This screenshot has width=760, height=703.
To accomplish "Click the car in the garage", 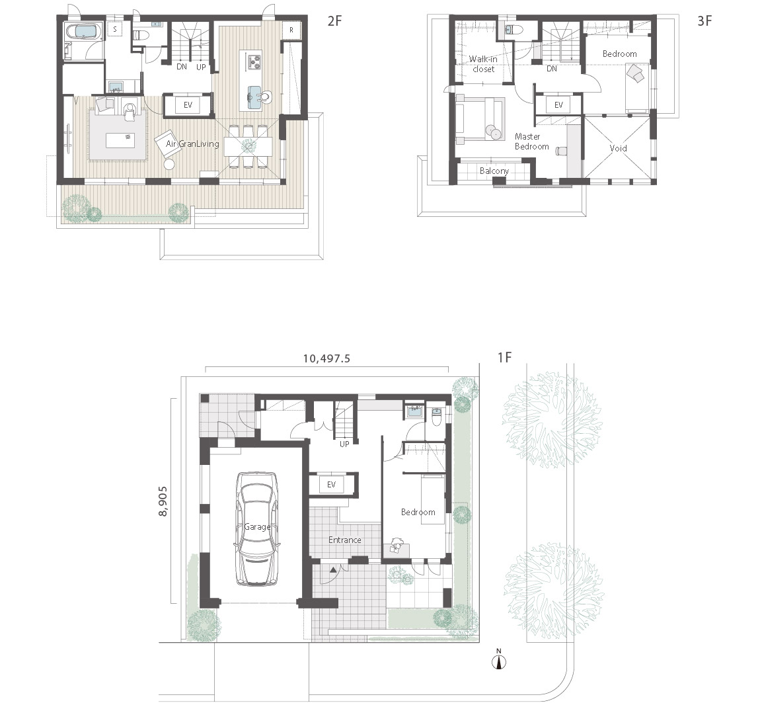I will click(x=257, y=528).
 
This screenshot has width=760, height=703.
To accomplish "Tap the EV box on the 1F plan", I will click(x=332, y=485).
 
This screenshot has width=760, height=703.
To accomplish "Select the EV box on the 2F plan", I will click(x=188, y=105).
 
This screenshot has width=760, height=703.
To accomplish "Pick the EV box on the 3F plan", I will click(x=558, y=104).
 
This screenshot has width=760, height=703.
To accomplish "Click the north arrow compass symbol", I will click(x=500, y=661).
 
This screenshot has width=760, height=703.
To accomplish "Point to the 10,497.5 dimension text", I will click(x=326, y=359).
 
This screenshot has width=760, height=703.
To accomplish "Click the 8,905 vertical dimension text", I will click(x=163, y=501).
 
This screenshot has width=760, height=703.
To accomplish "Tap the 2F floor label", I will click(x=334, y=21).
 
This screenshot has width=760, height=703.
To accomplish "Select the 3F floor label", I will click(x=704, y=21).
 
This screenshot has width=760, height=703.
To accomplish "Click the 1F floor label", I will click(x=505, y=358).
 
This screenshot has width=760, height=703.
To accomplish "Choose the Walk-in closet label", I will click(x=483, y=63).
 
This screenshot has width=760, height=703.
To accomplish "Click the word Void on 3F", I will click(x=618, y=148).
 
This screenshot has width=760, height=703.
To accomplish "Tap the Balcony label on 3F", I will click(x=494, y=171).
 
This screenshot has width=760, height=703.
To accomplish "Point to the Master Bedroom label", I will click(x=531, y=142).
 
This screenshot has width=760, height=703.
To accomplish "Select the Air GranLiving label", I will click(x=192, y=144).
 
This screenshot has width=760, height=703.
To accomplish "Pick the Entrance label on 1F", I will click(x=345, y=540).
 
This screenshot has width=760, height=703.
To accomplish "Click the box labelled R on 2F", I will click(x=291, y=30).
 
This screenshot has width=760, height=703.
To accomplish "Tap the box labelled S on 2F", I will click(x=115, y=29).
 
